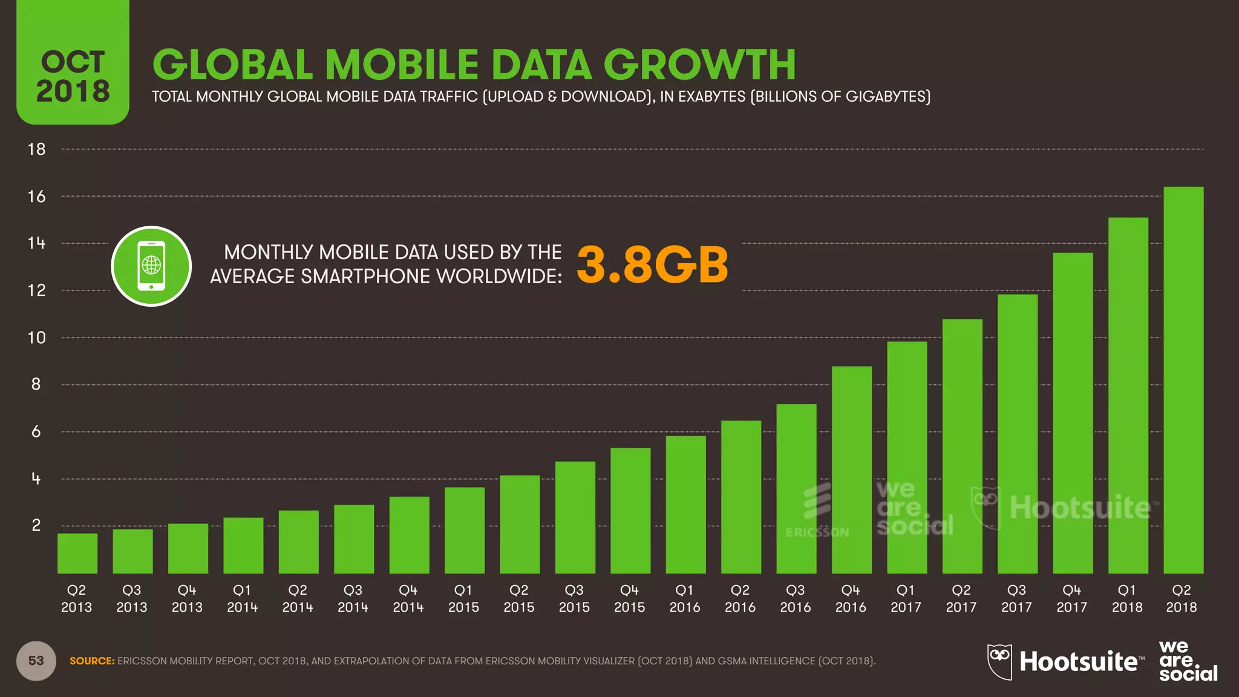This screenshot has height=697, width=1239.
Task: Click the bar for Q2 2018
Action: (1183, 381)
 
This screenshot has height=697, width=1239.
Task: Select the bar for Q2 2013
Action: (77, 554)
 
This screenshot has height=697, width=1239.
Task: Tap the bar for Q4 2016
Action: (851, 470)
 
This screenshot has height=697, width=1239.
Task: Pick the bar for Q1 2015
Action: (464, 531)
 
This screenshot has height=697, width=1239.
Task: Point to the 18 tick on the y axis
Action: (36, 149)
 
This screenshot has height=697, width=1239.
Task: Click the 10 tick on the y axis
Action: (36, 338)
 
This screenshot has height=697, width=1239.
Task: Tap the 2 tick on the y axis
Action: (36, 526)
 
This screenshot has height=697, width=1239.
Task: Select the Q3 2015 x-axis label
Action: (574, 598)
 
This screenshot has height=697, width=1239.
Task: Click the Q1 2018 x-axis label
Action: (1127, 598)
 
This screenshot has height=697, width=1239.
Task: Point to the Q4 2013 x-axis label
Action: (187, 598)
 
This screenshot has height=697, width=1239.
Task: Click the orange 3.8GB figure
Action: (652, 265)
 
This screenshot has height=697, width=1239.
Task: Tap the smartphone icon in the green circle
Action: (151, 266)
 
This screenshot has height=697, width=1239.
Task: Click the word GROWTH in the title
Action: (699, 65)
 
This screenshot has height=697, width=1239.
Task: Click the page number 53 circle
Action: (36, 661)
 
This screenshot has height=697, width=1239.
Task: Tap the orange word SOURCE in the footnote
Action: (92, 661)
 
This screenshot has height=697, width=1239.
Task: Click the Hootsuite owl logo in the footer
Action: (999, 661)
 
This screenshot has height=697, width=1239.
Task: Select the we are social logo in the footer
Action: (1187, 661)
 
